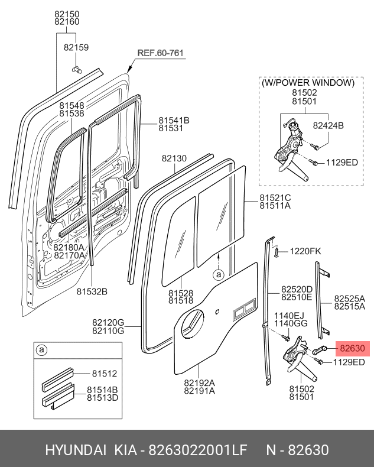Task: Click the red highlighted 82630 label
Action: [353, 349]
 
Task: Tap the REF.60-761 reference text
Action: [161, 53]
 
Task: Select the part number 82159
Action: [76, 47]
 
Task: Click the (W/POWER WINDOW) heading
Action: [308, 83]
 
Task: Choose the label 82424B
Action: [328, 125]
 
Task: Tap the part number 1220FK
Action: [305, 252]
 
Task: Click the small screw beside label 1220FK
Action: [276, 252]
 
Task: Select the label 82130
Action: [174, 158]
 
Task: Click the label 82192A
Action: [199, 382]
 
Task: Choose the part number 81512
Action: [104, 374]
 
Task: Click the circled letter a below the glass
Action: [218, 275]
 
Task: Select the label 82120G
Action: [108, 322]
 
